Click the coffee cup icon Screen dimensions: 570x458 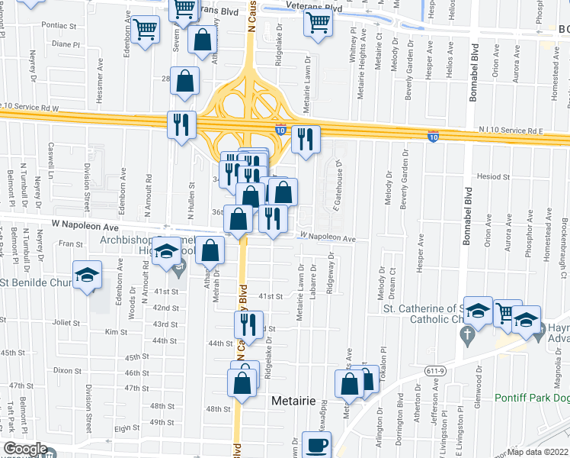[x=317, y=444]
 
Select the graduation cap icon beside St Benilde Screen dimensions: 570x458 [x=88, y=275]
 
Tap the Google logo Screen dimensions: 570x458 [x=24, y=449]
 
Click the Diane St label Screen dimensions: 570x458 [x=66, y=44]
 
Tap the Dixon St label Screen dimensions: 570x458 [x=67, y=370]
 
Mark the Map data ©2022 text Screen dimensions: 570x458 [x=538, y=452]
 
